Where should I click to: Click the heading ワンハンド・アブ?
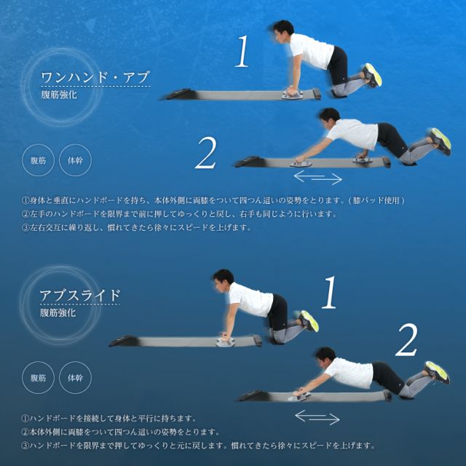click(x=95, y=78)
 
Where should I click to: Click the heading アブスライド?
click(x=80, y=296)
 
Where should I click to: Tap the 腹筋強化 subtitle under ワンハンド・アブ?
click(x=59, y=95)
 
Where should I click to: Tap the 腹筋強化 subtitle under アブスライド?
click(x=58, y=312)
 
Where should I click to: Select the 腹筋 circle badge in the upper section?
click(x=38, y=160)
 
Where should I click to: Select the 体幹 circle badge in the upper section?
click(x=76, y=160)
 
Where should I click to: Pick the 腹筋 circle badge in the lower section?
click(x=38, y=378)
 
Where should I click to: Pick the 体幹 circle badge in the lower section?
click(x=76, y=378)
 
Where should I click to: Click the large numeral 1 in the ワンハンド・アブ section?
click(x=242, y=51)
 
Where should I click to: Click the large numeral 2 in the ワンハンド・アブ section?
click(x=205, y=153)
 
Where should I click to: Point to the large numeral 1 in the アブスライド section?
click(x=329, y=292)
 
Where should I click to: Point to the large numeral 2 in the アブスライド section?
click(x=406, y=340)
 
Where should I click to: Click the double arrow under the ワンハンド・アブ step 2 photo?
click(x=318, y=178)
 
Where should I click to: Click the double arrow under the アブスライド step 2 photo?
click(x=317, y=417)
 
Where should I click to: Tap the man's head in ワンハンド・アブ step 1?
click(x=283, y=31)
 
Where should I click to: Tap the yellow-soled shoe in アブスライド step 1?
click(x=309, y=321)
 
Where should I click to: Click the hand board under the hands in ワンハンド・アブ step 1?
click(x=293, y=94)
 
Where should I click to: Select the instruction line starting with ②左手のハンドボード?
click(x=179, y=214)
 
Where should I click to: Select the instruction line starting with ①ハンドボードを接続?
click(x=109, y=419)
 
